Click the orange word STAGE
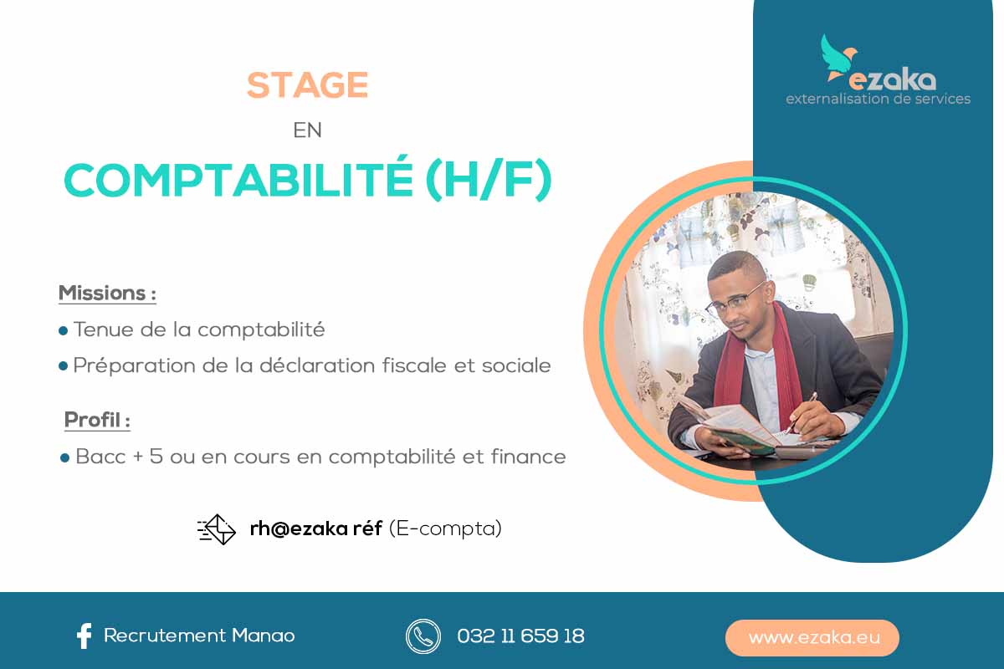tap(308, 84)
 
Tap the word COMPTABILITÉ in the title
tap(238, 180)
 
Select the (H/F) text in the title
tap(489, 179)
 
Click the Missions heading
tap(107, 294)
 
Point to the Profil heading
tap(97, 420)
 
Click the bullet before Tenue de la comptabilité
tap(64, 331)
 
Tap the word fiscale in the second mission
tap(415, 365)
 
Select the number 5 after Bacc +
tap(156, 456)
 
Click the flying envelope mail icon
tap(217, 529)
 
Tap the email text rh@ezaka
tap(299, 529)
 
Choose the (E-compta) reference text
tap(445, 529)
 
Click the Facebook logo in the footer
tap(85, 636)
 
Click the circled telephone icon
tap(423, 636)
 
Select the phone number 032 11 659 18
tap(520, 636)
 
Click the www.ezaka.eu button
tap(812, 637)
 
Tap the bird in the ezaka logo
tap(838, 59)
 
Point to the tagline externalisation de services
tap(878, 99)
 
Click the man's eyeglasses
tap(735, 301)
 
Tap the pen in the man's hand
tap(801, 412)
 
